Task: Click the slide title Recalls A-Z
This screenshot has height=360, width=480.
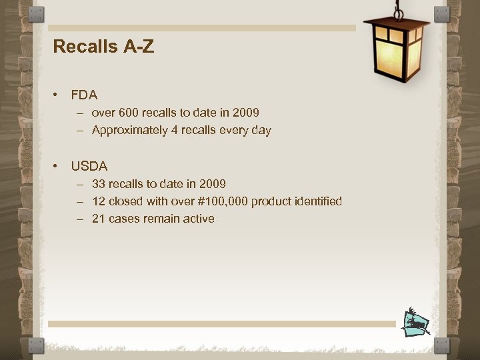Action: [x=103, y=47]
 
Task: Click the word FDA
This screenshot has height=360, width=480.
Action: [x=84, y=95]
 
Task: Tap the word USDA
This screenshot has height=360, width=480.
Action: [x=89, y=166]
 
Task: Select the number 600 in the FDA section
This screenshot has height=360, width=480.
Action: [x=128, y=113]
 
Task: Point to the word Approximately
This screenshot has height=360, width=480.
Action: [x=130, y=131]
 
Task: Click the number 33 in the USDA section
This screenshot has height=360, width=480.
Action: [x=98, y=183]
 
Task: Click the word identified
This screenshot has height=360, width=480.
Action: [x=315, y=201]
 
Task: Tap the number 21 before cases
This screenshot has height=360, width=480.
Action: [x=98, y=219]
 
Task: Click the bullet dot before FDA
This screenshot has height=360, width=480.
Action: [x=58, y=95]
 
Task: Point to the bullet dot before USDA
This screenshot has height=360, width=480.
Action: [x=58, y=166]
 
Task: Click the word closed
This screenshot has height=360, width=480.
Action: [x=125, y=201]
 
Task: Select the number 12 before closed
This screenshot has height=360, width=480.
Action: [x=98, y=201]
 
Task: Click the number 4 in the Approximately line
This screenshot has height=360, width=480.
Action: [x=175, y=131]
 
